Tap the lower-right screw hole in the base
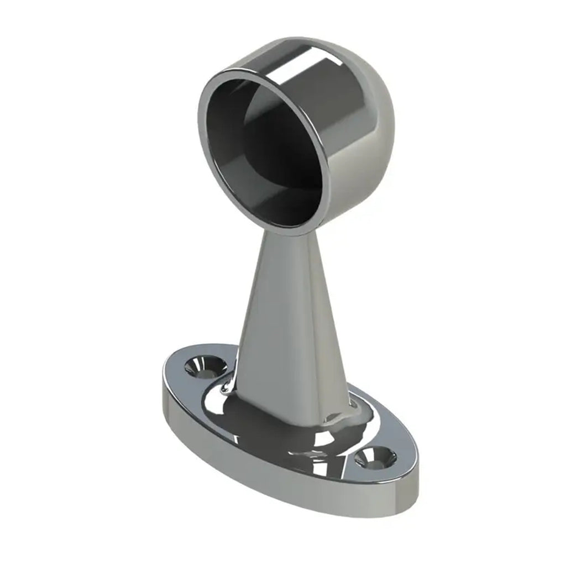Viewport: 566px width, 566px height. point(375,458)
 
